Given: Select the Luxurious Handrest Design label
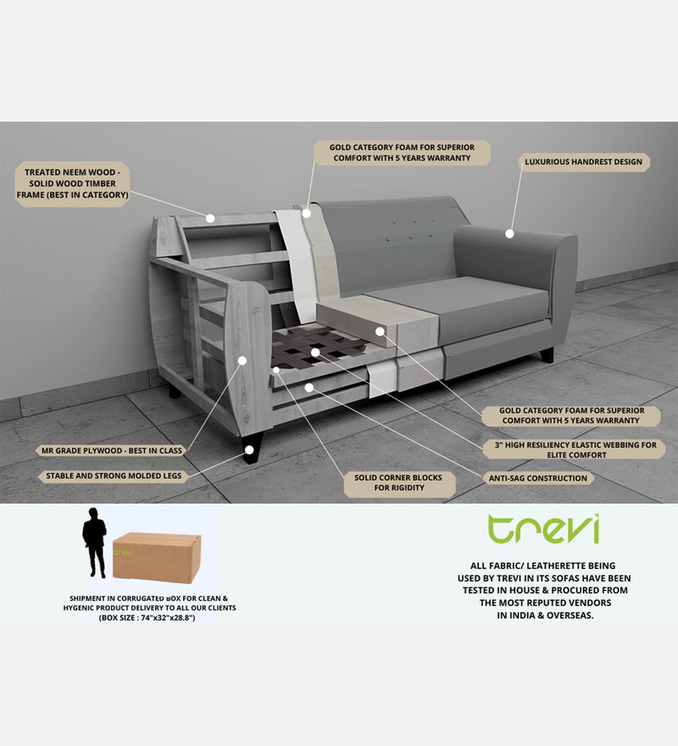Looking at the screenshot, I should (x=584, y=162).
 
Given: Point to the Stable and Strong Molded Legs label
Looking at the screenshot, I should (x=114, y=476).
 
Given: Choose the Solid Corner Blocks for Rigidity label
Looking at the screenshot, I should (x=398, y=484).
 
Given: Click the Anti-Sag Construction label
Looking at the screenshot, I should (x=537, y=478).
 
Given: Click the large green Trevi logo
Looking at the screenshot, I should (x=543, y=529).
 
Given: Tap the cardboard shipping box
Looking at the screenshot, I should (x=157, y=556).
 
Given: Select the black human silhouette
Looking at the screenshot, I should (x=94, y=542).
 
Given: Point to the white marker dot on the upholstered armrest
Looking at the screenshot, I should (x=509, y=233).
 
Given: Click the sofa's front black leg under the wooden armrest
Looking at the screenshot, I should (x=252, y=447).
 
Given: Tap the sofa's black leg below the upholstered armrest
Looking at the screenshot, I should (x=547, y=355).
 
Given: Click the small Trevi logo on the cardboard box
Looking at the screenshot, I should (x=125, y=553).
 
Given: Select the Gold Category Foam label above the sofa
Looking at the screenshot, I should (x=403, y=153).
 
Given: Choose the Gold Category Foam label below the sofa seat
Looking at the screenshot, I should (x=573, y=415).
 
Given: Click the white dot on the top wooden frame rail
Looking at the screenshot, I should (x=210, y=218).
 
